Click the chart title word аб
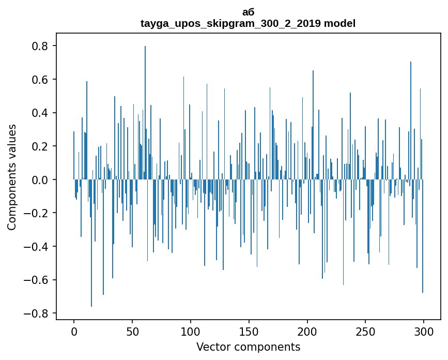[248, 12]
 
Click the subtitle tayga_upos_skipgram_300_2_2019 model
[248, 23]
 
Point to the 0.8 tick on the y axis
[39, 46]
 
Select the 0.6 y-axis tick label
[39, 80]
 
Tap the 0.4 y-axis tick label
[39, 113]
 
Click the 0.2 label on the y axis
[39, 146]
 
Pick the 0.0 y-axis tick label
[39, 180]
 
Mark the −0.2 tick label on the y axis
[36, 213]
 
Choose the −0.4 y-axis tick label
[36, 247]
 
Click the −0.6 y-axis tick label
[36, 280]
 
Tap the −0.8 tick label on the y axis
[36, 313]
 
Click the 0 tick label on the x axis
[74, 332]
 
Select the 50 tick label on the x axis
[132, 332]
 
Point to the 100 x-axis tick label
[191, 332]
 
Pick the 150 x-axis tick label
[249, 332]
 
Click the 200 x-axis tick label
[307, 332]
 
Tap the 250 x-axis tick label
[366, 332]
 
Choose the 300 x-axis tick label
[424, 332]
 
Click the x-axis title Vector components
[248, 347]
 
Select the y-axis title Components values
[11, 177]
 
